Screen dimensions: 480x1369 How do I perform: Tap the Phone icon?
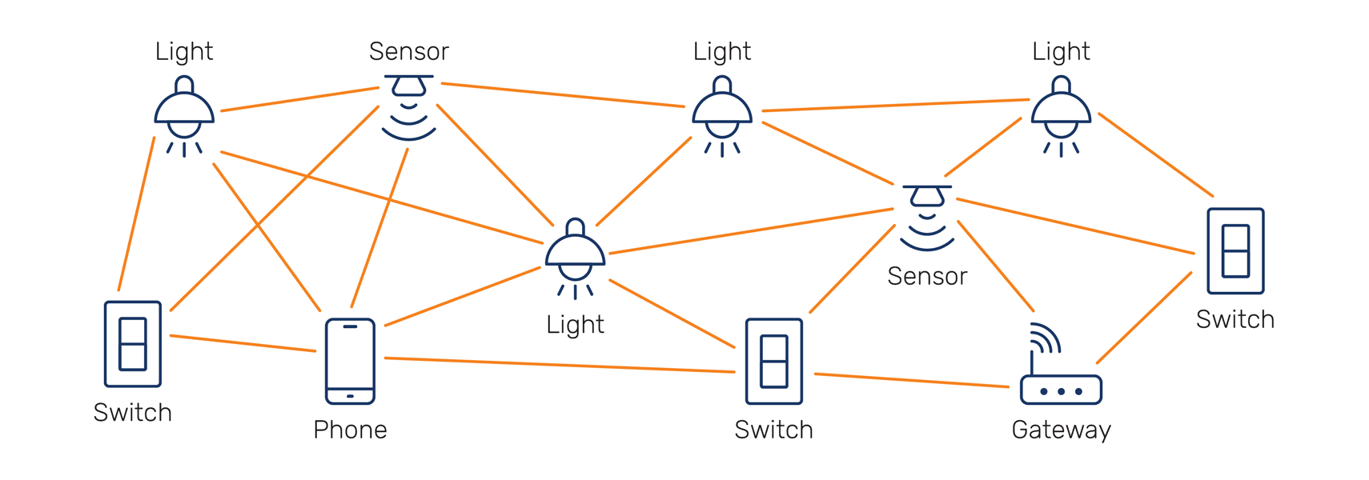(x=350, y=361)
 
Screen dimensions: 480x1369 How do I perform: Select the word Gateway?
(x=1061, y=430)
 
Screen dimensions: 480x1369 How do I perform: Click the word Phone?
(x=350, y=430)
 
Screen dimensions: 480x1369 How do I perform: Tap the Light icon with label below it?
(x=575, y=256)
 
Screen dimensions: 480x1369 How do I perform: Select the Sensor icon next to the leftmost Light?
(x=409, y=106)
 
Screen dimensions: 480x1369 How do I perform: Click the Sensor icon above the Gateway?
(x=927, y=216)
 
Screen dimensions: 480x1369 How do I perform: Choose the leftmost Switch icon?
(x=133, y=344)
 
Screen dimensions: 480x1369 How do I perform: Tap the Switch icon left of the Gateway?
(x=773, y=361)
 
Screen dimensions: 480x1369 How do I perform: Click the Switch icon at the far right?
(x=1235, y=251)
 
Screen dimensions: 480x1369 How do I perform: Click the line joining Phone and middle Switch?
(x=560, y=365)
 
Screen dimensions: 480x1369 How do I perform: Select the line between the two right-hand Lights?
(x=895, y=105)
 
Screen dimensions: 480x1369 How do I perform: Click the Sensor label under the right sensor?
(x=927, y=276)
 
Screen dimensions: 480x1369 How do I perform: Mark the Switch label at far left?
(x=133, y=412)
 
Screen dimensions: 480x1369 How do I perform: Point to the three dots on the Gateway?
(x=1061, y=391)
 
